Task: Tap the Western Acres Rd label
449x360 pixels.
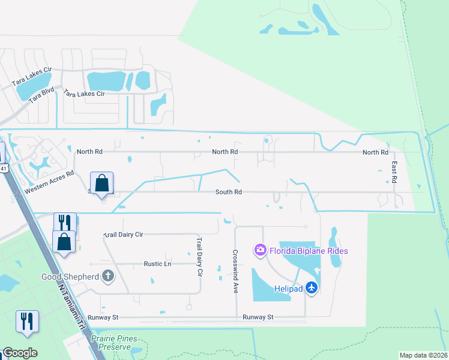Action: click(x=49, y=182)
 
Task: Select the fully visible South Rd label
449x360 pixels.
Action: click(x=229, y=192)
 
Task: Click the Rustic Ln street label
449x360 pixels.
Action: click(x=157, y=263)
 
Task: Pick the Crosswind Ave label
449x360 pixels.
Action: click(x=235, y=271)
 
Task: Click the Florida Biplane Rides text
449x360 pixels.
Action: click(x=309, y=250)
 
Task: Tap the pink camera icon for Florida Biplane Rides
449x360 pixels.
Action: click(x=260, y=250)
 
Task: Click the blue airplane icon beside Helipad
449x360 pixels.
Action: click(x=311, y=288)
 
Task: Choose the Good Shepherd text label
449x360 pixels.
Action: click(x=68, y=277)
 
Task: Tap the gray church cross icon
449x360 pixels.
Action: click(x=108, y=276)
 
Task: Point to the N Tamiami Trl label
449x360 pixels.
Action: click(x=71, y=304)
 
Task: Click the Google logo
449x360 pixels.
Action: click(x=20, y=353)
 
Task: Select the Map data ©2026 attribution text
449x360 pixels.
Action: click(x=423, y=355)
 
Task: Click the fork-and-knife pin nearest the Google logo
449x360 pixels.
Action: click(x=27, y=321)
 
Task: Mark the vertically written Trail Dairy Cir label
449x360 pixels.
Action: click(x=200, y=256)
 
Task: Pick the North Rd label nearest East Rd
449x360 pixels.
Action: click(x=375, y=152)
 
